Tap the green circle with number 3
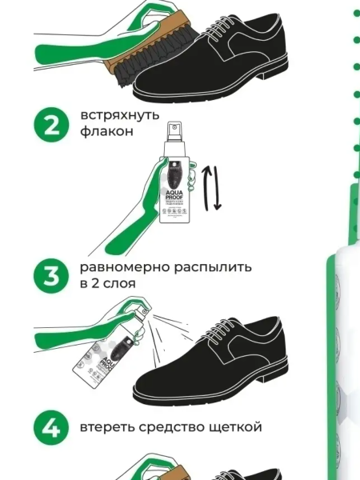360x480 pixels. click(x=51, y=276)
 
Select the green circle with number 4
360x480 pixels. click(x=51, y=427)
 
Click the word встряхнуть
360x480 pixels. click(x=114, y=115)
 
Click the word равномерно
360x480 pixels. click(x=122, y=266)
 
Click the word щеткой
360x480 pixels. click(x=234, y=426)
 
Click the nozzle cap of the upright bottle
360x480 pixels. click(x=175, y=132)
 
